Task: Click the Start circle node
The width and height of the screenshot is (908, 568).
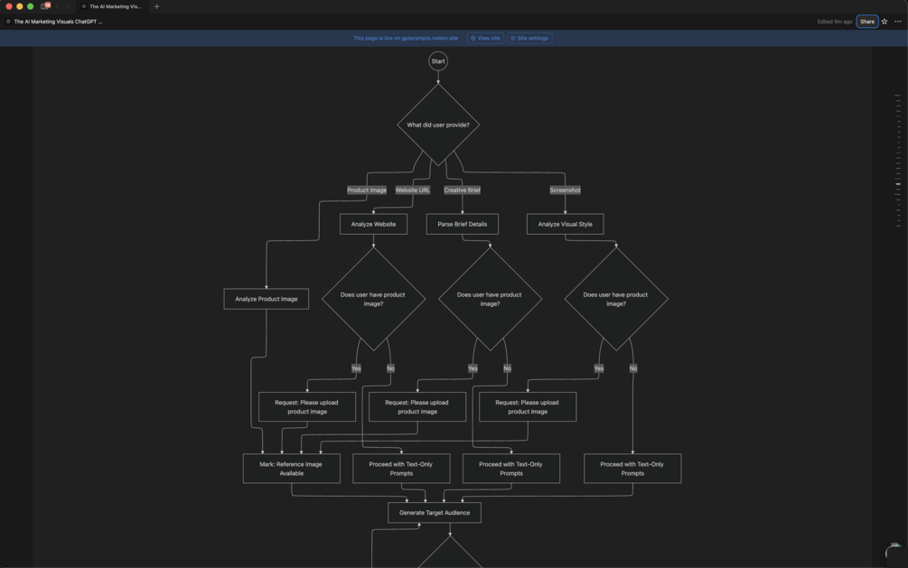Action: click(x=438, y=61)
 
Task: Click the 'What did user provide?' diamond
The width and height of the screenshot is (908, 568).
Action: click(x=438, y=125)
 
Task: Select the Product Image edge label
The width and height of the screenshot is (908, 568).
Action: click(x=367, y=191)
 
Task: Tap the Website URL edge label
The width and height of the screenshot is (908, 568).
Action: click(x=413, y=191)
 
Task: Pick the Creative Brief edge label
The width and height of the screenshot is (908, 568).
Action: click(x=462, y=191)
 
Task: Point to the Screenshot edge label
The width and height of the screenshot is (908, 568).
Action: click(x=565, y=191)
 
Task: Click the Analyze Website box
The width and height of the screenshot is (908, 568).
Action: click(x=373, y=224)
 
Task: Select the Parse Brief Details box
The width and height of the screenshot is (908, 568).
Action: click(x=462, y=224)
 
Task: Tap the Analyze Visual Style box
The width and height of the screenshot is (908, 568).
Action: click(x=565, y=224)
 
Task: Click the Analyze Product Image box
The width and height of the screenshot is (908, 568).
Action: click(x=266, y=299)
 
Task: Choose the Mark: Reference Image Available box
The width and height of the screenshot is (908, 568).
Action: click(x=291, y=469)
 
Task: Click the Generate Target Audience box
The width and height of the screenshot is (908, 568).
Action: click(x=435, y=513)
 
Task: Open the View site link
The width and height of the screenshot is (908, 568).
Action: click(x=485, y=39)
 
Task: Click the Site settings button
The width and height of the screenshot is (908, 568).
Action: click(x=529, y=39)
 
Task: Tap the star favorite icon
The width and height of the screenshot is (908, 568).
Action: click(x=885, y=22)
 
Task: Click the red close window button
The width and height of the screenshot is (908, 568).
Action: click(x=9, y=6)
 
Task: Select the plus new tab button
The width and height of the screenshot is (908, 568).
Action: click(x=156, y=6)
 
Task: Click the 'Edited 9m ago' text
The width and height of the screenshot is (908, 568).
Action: click(x=834, y=22)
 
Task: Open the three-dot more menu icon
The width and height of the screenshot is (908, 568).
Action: click(x=898, y=22)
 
